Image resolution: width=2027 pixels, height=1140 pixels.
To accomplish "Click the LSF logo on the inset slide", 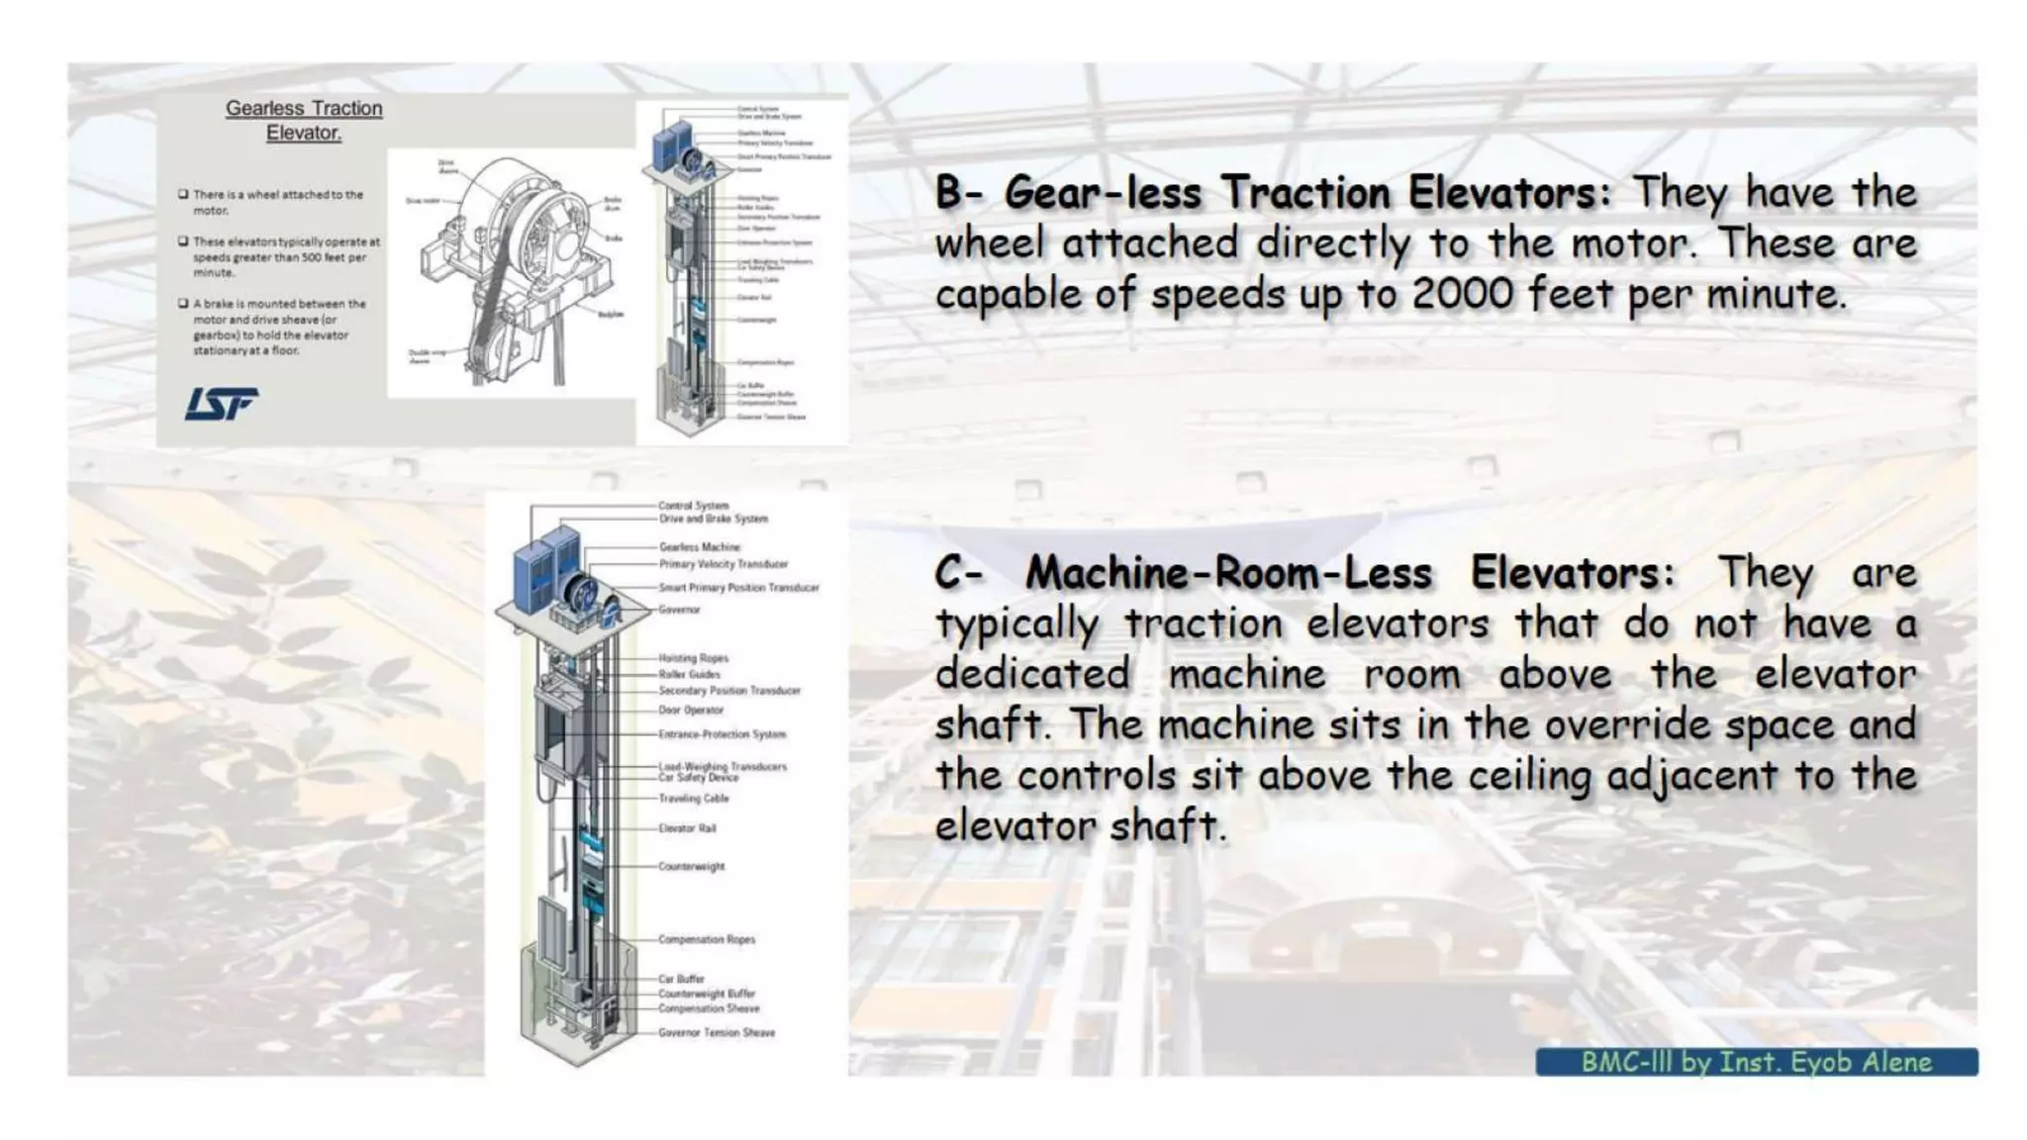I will pos(221,404).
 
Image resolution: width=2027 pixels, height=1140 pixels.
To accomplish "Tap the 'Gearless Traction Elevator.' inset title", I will pos(304,120).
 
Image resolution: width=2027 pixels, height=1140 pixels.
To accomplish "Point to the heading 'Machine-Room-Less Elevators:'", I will pos(1348,573).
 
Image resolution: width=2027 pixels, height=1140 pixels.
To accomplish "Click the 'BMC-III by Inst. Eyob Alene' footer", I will pos(1756,1062).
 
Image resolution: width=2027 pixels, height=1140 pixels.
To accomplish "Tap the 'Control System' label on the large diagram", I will pos(693,506).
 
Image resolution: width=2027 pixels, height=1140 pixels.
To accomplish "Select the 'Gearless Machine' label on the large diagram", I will pos(699,546).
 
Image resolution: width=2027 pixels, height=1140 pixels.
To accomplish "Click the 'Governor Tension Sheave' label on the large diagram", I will pos(717,1032).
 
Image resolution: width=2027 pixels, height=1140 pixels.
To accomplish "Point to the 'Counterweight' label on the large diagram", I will pos(691,866).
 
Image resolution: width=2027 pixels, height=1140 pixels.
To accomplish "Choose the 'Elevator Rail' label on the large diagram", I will pos(687,828).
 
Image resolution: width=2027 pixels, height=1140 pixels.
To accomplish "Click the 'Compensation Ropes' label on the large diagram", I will pos(707,939).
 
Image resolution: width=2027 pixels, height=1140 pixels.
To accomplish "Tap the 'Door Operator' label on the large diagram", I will pos(691,710).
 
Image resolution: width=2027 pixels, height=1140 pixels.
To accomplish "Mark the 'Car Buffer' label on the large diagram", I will pos(681,979).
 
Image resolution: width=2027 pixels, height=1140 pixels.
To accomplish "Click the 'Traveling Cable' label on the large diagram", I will pos(693,799).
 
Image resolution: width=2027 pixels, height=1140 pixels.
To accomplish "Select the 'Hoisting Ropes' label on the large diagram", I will pos(693,658).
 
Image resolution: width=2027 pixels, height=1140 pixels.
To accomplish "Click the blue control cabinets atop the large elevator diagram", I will pos(545,574).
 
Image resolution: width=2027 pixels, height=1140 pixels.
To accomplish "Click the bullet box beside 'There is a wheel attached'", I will pos(183,194).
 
